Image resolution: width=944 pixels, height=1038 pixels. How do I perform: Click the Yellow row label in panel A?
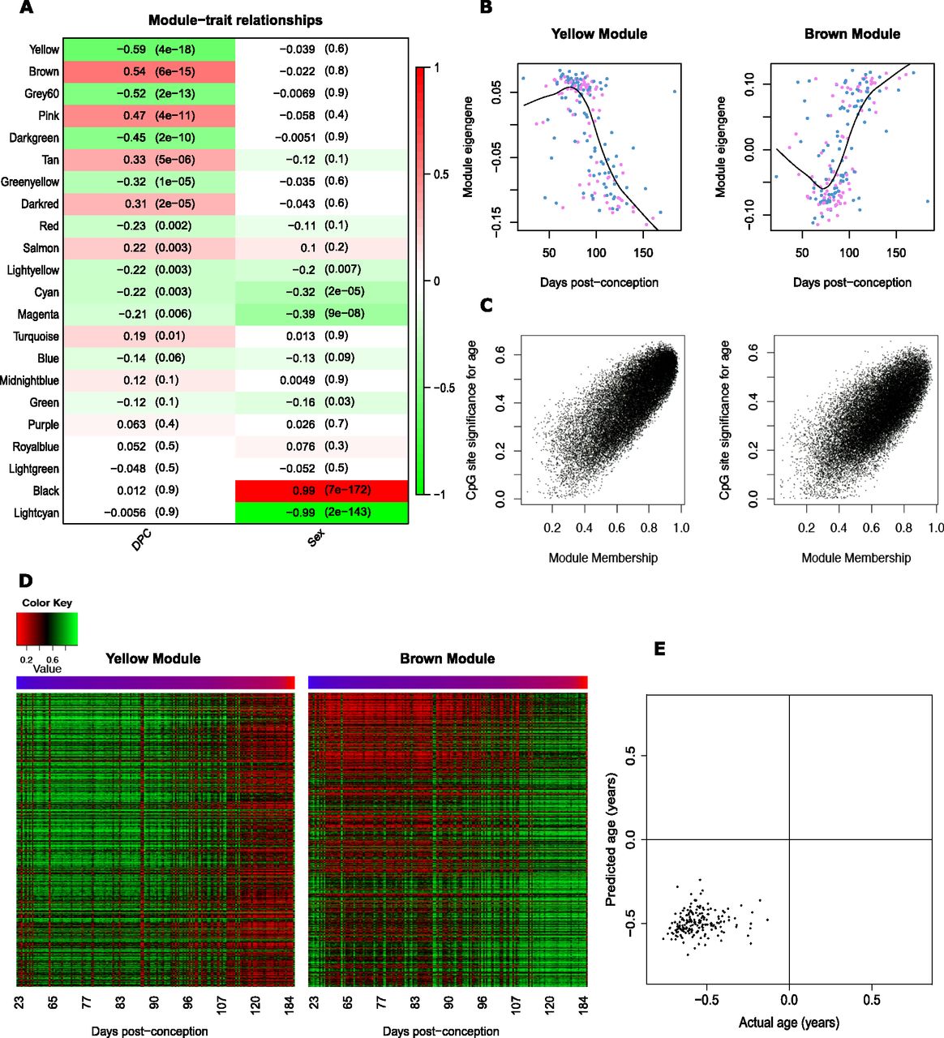[x=44, y=49]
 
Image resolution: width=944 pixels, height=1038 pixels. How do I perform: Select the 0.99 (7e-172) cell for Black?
[x=321, y=491]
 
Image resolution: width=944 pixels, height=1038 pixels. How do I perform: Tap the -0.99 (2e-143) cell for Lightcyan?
[x=321, y=513]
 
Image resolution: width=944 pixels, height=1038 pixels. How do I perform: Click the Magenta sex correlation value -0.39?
[x=300, y=314]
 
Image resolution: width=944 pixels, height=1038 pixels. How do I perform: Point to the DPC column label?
[x=141, y=540]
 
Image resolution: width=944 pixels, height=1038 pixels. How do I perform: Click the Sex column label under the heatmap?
[x=315, y=537]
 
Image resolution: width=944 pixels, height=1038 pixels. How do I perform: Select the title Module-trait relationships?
[x=235, y=20]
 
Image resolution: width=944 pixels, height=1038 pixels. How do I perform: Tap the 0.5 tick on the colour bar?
[x=440, y=174]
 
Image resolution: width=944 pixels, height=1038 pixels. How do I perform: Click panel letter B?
[x=486, y=7]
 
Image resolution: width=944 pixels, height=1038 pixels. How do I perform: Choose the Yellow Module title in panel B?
[x=599, y=34]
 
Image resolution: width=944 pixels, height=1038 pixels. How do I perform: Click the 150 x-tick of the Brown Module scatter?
[x=896, y=253]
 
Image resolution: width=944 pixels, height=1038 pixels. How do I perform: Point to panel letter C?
[x=487, y=305]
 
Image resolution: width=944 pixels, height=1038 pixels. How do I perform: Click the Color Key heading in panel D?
[x=47, y=603]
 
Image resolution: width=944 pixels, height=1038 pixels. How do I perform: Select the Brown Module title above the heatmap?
[x=447, y=658]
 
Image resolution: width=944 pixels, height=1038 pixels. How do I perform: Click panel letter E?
[x=659, y=649]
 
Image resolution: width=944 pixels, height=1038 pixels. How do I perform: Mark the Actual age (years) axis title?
[x=788, y=1023]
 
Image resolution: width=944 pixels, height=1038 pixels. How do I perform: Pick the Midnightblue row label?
[x=29, y=380]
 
